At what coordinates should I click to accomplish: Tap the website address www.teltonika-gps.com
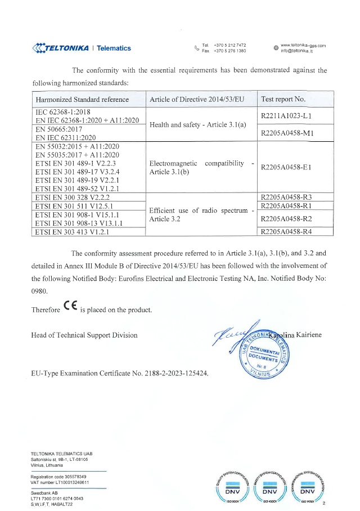[x=303, y=45]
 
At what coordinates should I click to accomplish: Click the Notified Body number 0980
[x=39, y=291]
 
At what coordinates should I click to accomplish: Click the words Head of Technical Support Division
[x=84, y=335]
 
